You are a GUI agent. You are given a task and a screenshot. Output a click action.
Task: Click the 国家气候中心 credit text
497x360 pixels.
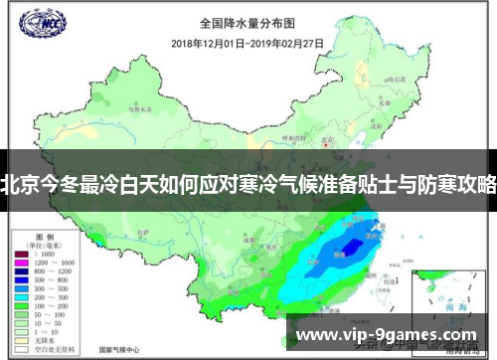(x=119, y=351)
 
